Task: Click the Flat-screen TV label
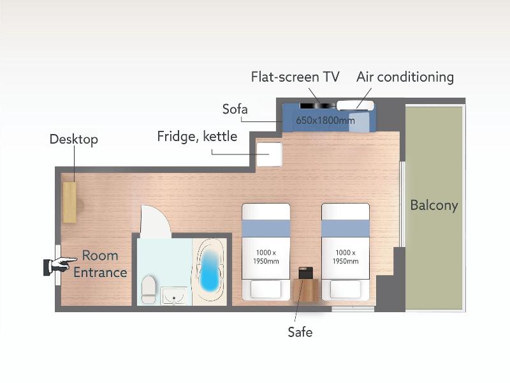pos(295,77)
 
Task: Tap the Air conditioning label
pos(405,77)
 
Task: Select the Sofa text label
pos(235,109)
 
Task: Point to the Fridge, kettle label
pos(197,136)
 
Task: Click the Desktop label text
pos(74,139)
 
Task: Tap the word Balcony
pos(434,205)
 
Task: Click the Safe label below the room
pos(300,332)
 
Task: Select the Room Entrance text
pos(100,264)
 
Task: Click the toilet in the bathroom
pos(149,290)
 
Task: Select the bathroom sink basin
pos(174,296)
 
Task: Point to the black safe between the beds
pos(306,273)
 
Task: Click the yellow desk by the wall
pos(69,202)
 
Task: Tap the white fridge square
pos(269,154)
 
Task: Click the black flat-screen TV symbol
pos(317,105)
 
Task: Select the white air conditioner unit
pos(355,105)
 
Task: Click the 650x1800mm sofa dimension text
pos(325,120)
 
